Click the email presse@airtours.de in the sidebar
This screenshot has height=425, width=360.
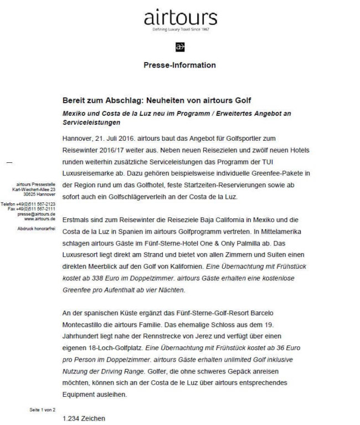(37, 213)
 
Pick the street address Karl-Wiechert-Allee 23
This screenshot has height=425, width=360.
(35, 190)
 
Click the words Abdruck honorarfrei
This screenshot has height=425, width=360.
(37, 228)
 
